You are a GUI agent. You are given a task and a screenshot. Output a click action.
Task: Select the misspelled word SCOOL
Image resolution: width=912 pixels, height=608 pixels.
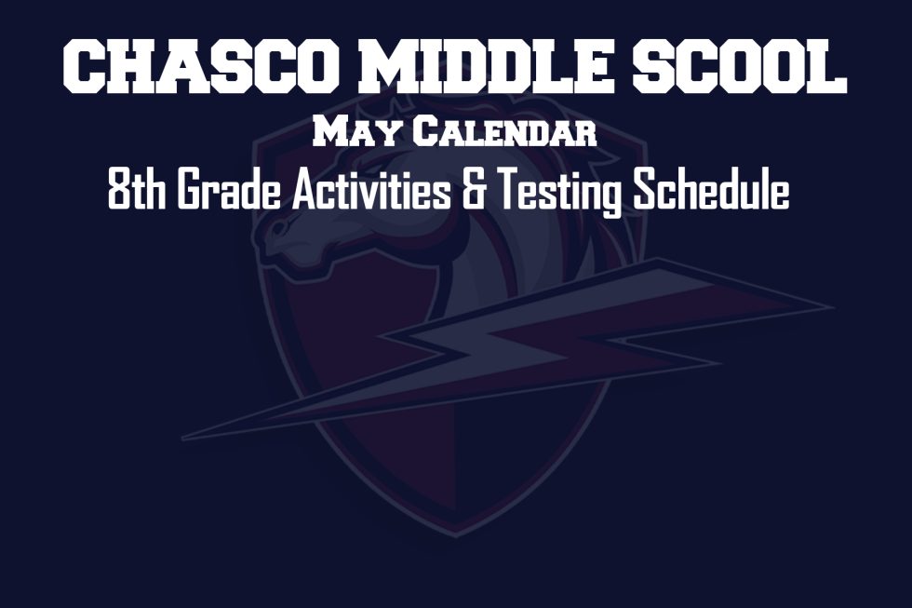739,66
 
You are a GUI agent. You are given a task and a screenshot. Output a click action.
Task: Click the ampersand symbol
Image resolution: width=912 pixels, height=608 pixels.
473,189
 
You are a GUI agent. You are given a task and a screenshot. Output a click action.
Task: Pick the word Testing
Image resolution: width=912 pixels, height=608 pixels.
559,192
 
